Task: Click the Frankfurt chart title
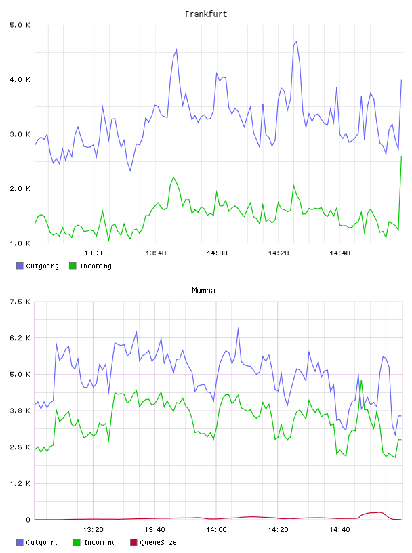coord(206,14)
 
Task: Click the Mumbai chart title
coord(205,291)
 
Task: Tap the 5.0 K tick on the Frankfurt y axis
coord(20,25)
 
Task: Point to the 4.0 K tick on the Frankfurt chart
coord(20,80)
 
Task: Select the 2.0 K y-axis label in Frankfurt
coord(20,188)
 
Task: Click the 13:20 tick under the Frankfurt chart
coord(95,253)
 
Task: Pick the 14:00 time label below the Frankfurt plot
coord(217,253)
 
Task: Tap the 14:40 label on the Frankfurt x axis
coord(339,253)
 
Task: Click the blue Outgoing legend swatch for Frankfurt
coord(20,266)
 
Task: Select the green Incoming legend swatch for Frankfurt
coord(73,266)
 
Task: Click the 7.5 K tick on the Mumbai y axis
coord(20,302)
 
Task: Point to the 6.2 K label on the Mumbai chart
coord(20,338)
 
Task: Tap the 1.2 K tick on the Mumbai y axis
coord(20,483)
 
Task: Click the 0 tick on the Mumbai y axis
coord(28,520)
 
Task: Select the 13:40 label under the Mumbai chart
coord(155,529)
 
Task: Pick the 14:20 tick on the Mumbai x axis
coord(278,529)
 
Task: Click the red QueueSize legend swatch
coord(133,542)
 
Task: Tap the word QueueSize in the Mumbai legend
coord(158,542)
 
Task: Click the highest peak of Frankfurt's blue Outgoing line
coord(297,41)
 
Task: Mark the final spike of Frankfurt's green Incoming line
coord(401,157)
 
